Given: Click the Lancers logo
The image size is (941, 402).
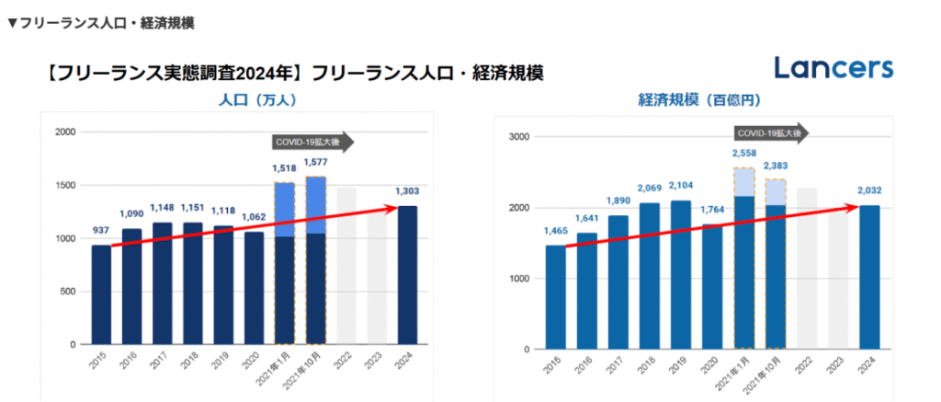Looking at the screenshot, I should pos(833,67).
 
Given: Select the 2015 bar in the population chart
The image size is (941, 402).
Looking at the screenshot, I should pos(102,294).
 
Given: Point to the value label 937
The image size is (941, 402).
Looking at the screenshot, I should pos(102,232).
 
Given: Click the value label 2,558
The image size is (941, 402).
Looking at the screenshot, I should pos(744,154).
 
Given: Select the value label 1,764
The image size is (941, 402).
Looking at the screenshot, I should pos(713,211).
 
